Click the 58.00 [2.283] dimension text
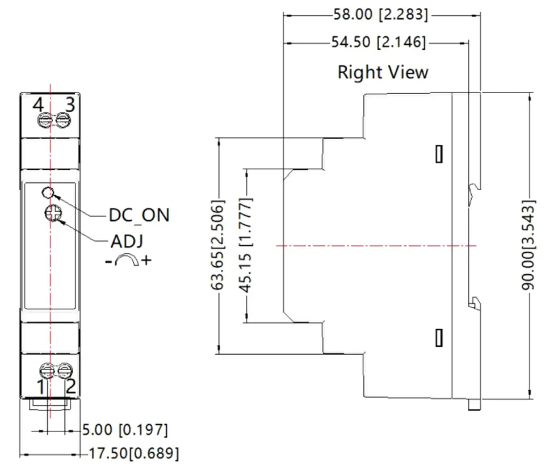click(x=380, y=15)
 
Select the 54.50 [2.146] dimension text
click(x=379, y=42)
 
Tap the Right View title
click(x=383, y=72)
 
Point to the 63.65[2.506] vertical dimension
click(x=218, y=245)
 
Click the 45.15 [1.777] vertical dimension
click(x=246, y=245)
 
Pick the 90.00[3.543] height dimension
click(x=528, y=245)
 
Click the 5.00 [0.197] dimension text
click(x=125, y=430)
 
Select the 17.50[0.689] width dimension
click(x=134, y=454)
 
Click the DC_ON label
click(x=139, y=215)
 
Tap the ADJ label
click(x=127, y=241)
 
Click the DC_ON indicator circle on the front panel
click(x=48, y=192)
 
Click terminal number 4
click(x=38, y=104)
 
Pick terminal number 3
click(x=70, y=104)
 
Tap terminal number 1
click(x=41, y=387)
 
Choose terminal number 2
click(x=71, y=387)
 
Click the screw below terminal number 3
click(x=63, y=120)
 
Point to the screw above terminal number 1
click(x=47, y=371)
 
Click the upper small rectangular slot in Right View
click(x=439, y=154)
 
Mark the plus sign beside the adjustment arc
click(x=146, y=260)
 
